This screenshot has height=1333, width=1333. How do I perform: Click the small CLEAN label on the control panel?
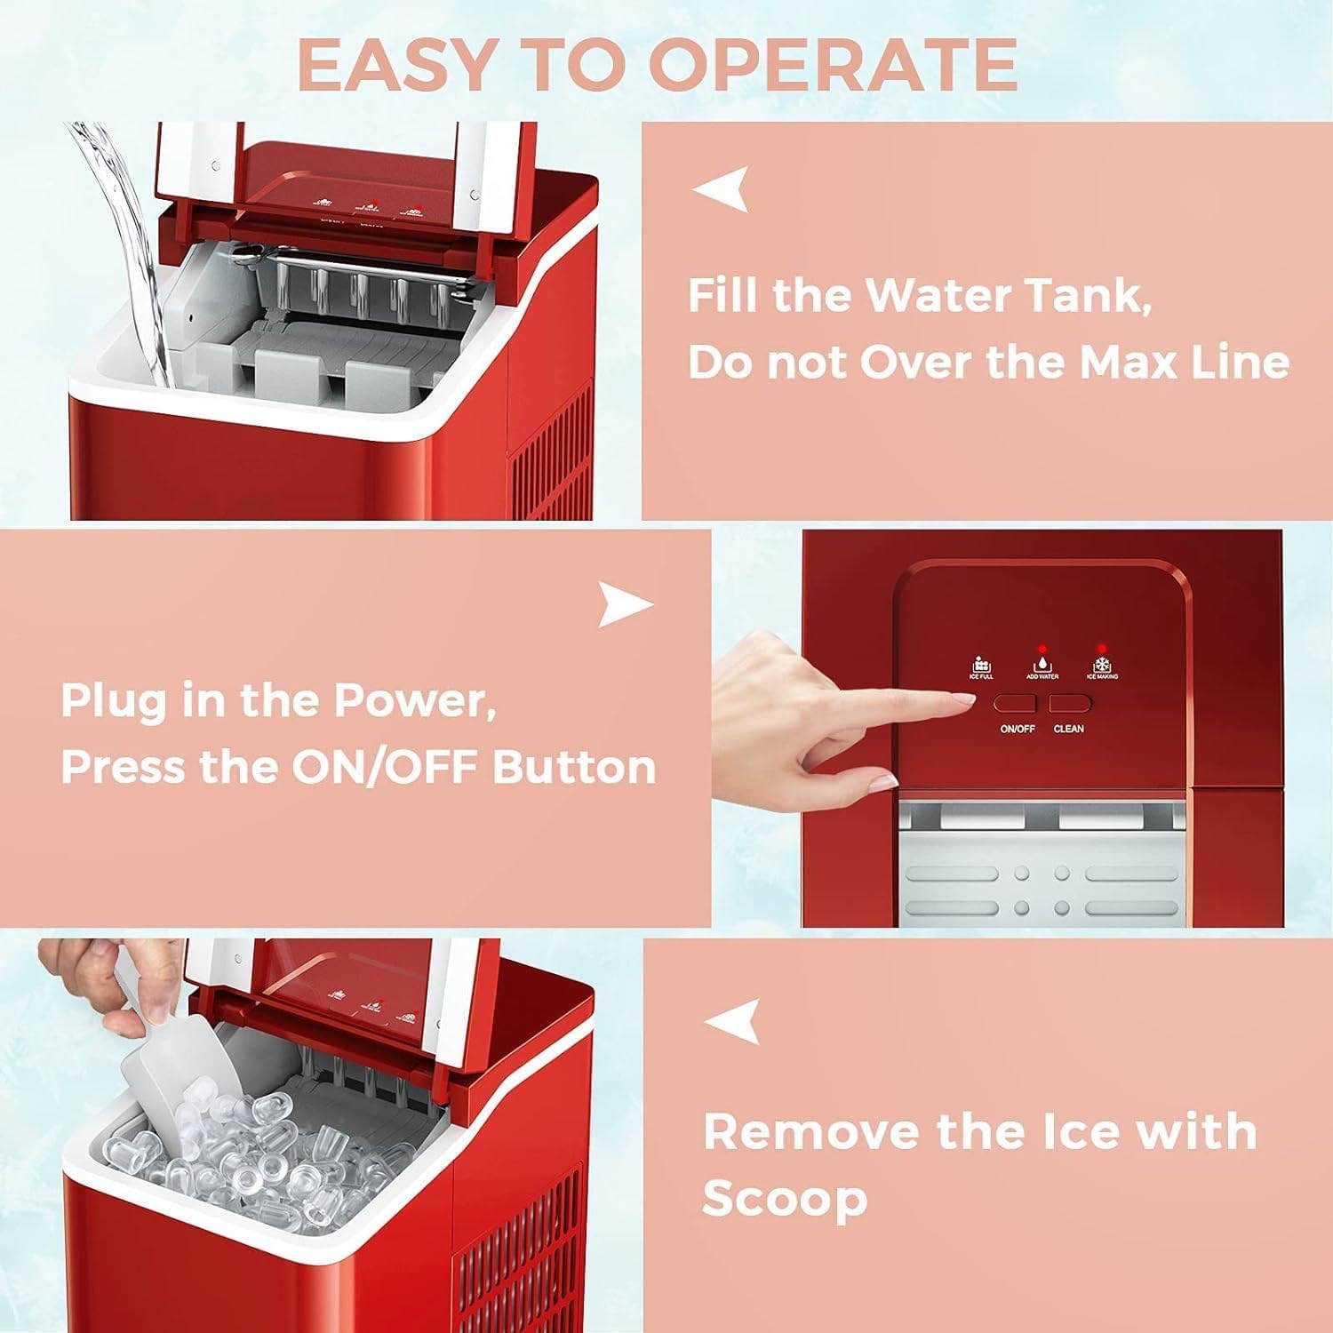[x=1068, y=729]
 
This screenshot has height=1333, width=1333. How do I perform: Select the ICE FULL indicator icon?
[x=981, y=666]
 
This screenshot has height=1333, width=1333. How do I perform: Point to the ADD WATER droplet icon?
[x=1042, y=665]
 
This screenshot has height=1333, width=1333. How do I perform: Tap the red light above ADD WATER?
[x=1042, y=648]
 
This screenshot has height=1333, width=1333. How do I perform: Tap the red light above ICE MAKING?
[x=1102, y=647]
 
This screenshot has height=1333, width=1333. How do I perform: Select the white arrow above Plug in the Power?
[x=625, y=604]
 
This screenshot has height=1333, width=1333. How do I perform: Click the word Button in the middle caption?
[x=574, y=767]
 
